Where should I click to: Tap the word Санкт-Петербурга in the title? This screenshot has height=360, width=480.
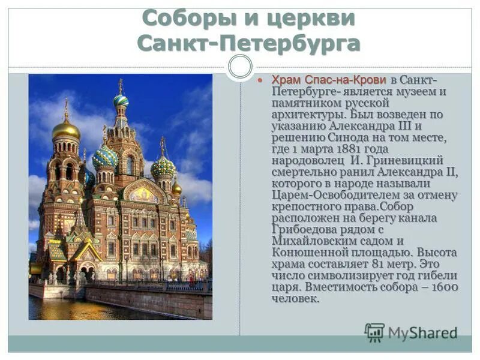tap(248, 43)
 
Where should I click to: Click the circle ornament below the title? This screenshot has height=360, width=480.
tap(240, 67)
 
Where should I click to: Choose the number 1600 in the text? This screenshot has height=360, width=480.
tap(444, 287)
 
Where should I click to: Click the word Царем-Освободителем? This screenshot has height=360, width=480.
tap(331, 195)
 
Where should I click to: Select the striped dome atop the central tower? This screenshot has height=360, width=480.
tap(121, 100)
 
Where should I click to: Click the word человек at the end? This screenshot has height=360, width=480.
tap(295, 298)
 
